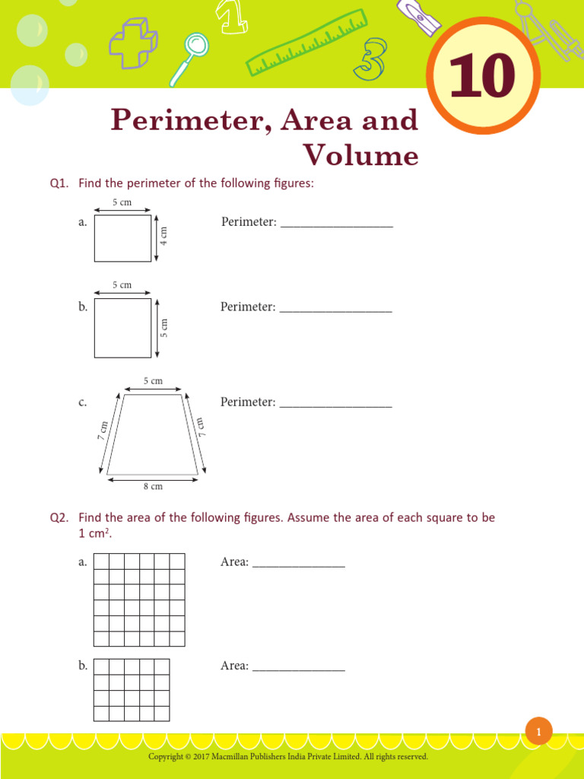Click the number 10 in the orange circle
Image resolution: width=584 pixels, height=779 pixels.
[x=482, y=78]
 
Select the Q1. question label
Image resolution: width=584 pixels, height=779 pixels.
[x=59, y=183]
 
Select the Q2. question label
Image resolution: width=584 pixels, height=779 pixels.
[x=59, y=517]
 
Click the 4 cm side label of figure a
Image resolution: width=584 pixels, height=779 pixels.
[x=163, y=237]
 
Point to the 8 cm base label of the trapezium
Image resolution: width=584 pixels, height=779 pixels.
[x=153, y=486]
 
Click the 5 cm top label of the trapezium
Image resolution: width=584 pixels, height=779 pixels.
[x=153, y=381]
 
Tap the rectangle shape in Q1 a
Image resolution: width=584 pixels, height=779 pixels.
[x=122, y=238]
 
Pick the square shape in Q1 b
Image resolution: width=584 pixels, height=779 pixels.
[x=122, y=328]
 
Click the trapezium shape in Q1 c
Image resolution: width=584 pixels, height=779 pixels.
[x=153, y=434]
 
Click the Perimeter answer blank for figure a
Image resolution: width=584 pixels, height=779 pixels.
[x=336, y=223]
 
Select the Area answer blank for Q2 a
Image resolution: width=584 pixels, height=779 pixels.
[x=298, y=563]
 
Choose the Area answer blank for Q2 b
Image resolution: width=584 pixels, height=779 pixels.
[x=298, y=667]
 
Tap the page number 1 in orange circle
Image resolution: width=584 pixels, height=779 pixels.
[x=538, y=732]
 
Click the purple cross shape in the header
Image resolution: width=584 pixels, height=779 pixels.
[x=132, y=40]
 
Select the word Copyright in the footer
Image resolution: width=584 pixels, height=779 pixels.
[x=165, y=757]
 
